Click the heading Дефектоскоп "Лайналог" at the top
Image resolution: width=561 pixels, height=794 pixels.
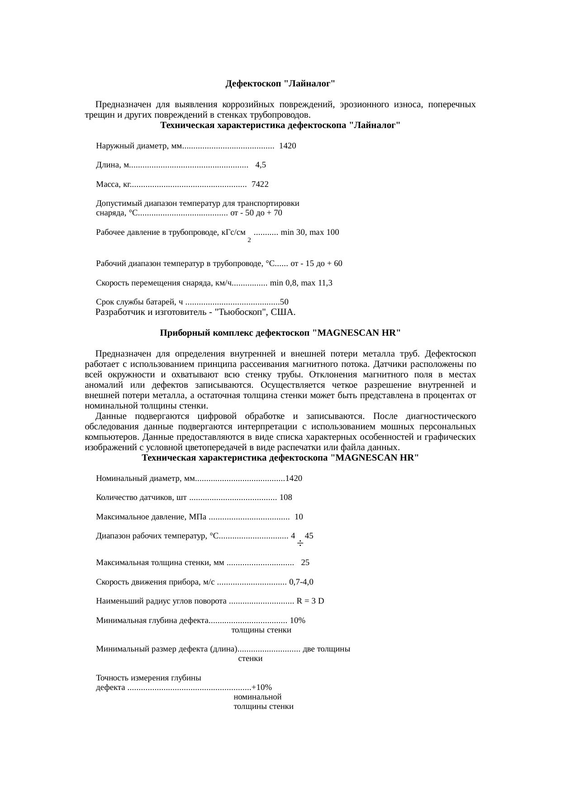(x=280, y=84)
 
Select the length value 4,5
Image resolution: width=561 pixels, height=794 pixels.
(x=261, y=165)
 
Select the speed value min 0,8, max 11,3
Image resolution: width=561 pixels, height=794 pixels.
(x=301, y=283)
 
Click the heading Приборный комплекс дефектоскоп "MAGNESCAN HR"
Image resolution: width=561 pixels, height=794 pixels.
(x=280, y=333)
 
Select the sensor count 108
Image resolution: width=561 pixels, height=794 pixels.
(x=286, y=497)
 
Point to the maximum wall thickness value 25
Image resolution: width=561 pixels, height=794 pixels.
(x=305, y=563)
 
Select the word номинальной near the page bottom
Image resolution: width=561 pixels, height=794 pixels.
(x=257, y=697)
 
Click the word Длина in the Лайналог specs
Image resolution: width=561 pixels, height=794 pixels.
(x=106, y=165)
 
